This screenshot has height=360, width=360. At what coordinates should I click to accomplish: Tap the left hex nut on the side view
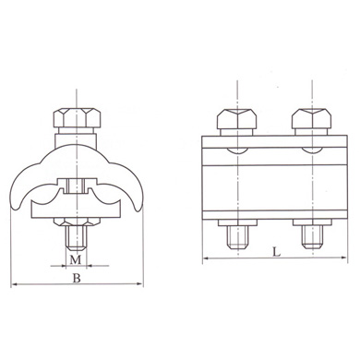pos(235,121)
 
